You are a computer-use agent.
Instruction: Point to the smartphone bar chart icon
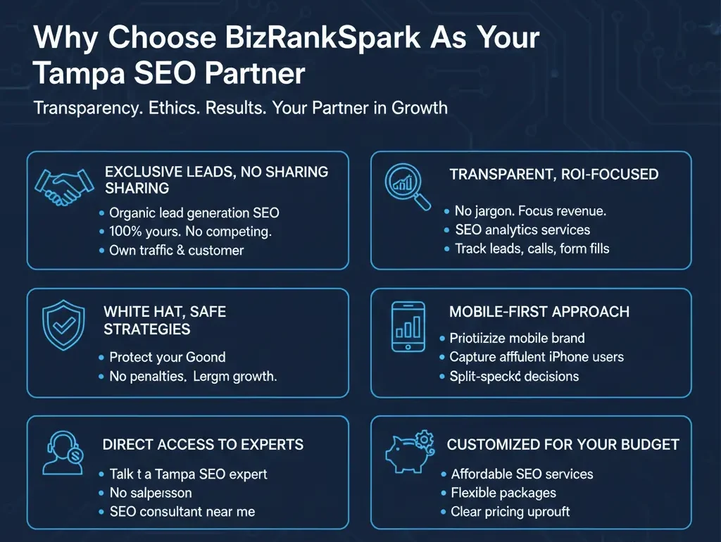pyautogui.click(x=408, y=326)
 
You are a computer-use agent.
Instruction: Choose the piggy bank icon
pyautogui.click(x=407, y=453)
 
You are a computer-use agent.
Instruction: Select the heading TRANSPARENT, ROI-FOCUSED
pyautogui.click(x=553, y=175)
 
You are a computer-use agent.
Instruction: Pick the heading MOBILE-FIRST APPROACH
pyautogui.click(x=539, y=311)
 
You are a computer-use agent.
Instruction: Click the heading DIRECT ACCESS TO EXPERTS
pyautogui.click(x=203, y=444)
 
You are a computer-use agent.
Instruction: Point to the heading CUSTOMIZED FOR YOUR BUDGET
pyautogui.click(x=563, y=445)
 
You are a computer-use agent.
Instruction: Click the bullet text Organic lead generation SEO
pyautogui.click(x=189, y=213)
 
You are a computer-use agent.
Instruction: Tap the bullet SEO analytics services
pyautogui.click(x=522, y=229)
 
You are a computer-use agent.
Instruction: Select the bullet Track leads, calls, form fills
pyautogui.click(x=532, y=248)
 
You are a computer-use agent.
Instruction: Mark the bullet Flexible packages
pyautogui.click(x=503, y=493)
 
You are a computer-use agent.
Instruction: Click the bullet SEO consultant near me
pyautogui.click(x=182, y=512)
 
